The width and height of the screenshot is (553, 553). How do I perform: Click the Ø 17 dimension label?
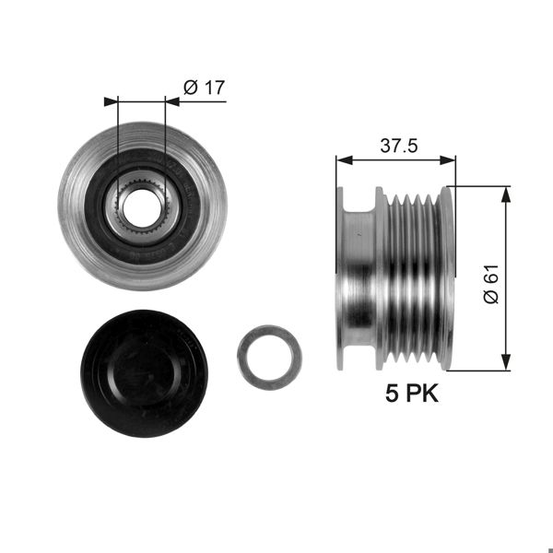(x=205, y=88)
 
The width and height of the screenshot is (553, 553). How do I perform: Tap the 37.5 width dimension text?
(x=396, y=145)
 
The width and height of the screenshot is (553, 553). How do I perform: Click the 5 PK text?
(x=411, y=395)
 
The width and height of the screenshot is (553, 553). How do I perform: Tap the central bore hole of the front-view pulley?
(x=142, y=208)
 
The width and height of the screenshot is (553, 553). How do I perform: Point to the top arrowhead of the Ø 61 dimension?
(x=504, y=193)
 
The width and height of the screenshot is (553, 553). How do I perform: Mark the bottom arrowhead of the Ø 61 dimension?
(x=504, y=364)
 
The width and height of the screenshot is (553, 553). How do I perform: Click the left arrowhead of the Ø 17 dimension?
(x=113, y=100)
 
